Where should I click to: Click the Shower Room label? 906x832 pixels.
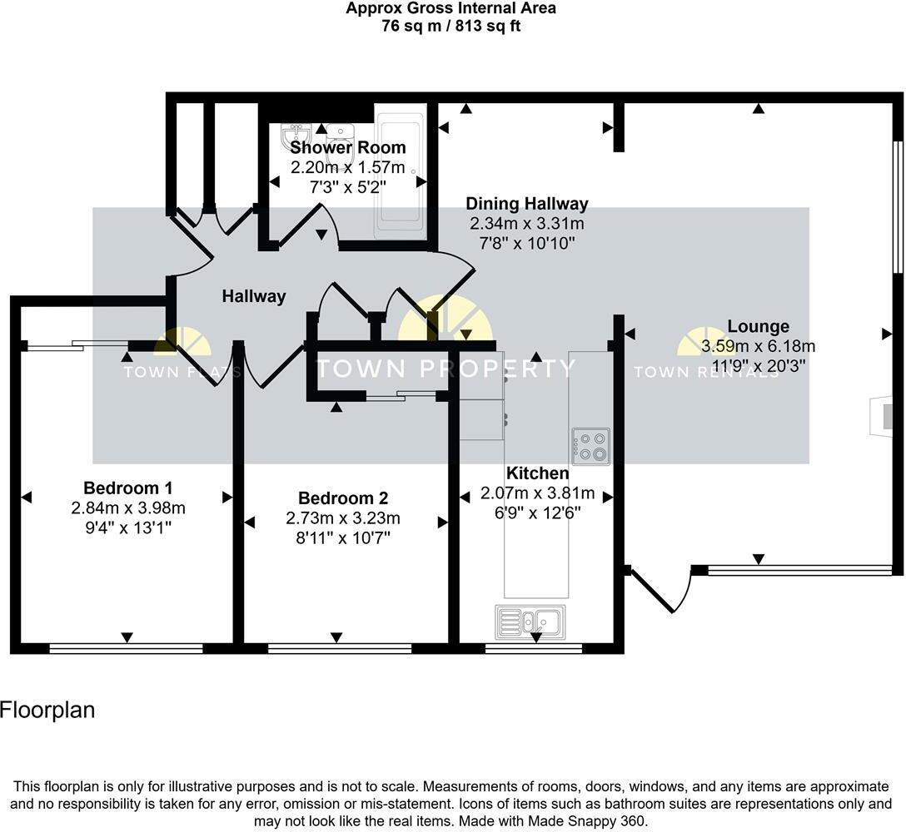click(x=347, y=148)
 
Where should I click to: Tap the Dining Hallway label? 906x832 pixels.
click(x=526, y=204)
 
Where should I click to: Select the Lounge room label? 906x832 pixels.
click(x=758, y=326)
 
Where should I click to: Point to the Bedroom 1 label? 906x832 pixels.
click(x=128, y=488)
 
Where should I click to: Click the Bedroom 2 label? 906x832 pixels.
click(x=343, y=498)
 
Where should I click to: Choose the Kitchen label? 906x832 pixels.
click(x=538, y=473)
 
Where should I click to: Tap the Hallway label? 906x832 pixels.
click(x=254, y=296)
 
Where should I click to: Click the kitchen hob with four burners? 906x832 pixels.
click(x=590, y=445)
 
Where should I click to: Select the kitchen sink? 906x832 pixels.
click(x=530, y=621)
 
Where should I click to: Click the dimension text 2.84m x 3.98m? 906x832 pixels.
click(x=128, y=508)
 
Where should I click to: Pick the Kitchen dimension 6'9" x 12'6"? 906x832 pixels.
click(x=538, y=513)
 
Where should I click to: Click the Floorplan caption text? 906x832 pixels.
click(x=47, y=711)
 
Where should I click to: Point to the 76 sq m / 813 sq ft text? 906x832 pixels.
click(x=451, y=25)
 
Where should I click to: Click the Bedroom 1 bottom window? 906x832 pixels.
click(x=126, y=648)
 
